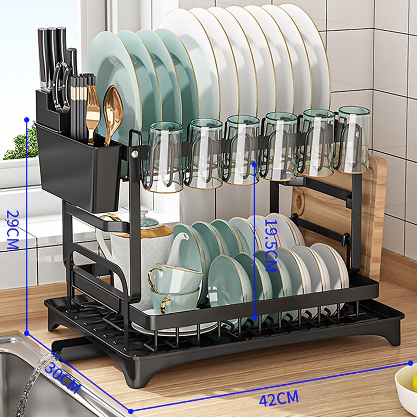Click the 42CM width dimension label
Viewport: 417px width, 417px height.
279,398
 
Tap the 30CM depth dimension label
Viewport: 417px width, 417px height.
63,376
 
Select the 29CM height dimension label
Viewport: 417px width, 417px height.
13,230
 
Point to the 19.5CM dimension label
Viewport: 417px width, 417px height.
271,246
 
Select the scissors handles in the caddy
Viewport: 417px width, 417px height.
62,85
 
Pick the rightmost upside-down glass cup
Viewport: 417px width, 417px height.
353,139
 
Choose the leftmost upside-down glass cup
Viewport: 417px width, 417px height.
162,157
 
